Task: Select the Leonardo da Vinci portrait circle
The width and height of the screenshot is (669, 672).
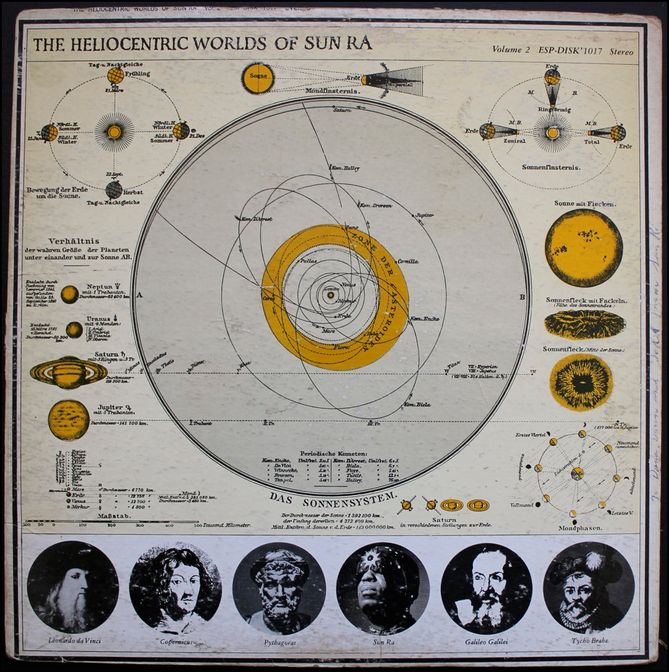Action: click(73, 578)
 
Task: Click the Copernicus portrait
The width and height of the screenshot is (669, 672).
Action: click(175, 578)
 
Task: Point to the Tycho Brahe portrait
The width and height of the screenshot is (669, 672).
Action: click(588, 578)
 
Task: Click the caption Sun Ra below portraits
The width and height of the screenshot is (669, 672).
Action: click(384, 641)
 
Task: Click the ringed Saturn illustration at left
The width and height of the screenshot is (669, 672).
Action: click(68, 371)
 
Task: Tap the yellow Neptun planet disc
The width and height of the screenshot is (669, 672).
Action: click(69, 294)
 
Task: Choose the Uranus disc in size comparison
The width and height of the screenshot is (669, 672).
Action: click(74, 331)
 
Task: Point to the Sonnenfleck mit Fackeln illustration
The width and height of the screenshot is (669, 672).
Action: click(576, 326)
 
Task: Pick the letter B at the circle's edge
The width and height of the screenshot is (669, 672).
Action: click(522, 298)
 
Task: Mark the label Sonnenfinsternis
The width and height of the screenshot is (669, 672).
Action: click(551, 166)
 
